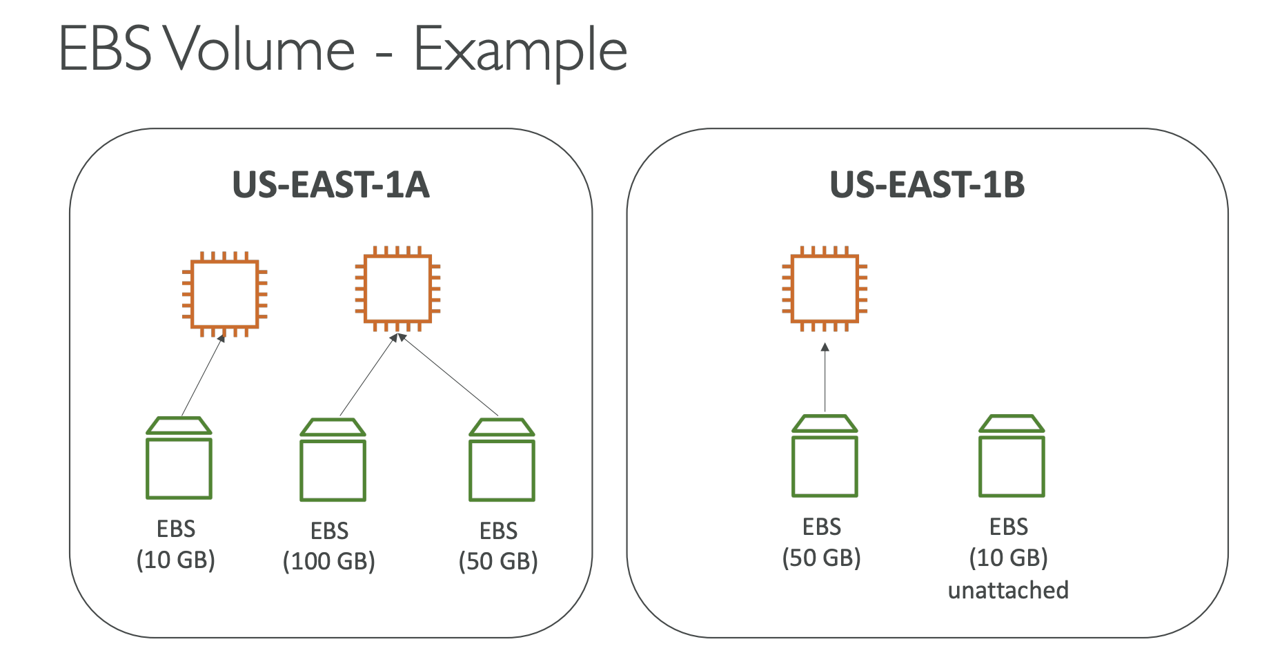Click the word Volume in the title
coord(259,49)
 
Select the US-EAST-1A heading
coord(331,185)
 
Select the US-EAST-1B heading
coord(927,185)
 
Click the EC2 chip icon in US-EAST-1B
coord(825,289)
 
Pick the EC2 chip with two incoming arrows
coord(397,289)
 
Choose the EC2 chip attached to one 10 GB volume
coord(225,295)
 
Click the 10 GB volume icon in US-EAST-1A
coord(179,458)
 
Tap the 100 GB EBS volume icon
coord(333,460)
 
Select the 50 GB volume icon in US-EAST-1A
coord(502,460)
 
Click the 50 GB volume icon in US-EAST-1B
coord(825,456)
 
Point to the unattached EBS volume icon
coord(1012,456)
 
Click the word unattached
coord(1008,590)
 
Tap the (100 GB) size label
coord(329,561)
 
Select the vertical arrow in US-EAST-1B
coord(825,377)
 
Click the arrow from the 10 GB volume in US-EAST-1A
coord(204,375)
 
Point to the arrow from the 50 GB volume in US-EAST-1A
coord(448,375)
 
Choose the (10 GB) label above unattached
coord(1009,558)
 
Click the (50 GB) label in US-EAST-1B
coord(822,558)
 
